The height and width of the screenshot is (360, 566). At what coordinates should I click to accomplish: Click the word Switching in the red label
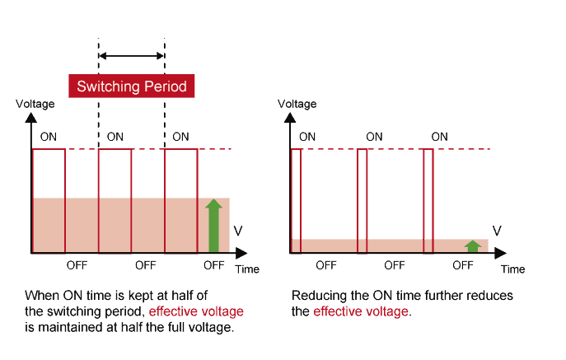[x=105, y=86]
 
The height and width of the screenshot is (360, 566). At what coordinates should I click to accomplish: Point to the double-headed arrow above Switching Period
[x=131, y=57]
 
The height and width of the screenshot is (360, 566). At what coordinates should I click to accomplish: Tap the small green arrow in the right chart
[x=472, y=245]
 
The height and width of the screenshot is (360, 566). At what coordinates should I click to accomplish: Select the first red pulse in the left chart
[x=49, y=200]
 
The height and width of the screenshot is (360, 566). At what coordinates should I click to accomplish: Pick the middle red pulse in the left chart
[x=115, y=200]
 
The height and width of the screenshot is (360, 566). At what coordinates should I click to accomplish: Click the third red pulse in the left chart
[x=181, y=200]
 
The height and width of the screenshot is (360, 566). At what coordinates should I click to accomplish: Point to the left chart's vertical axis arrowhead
[x=33, y=118]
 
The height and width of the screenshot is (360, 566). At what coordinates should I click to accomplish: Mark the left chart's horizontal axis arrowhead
[x=241, y=252]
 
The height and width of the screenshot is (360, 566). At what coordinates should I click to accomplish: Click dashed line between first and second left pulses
[x=82, y=149]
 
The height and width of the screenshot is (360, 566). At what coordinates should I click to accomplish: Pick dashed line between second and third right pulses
[x=395, y=149]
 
